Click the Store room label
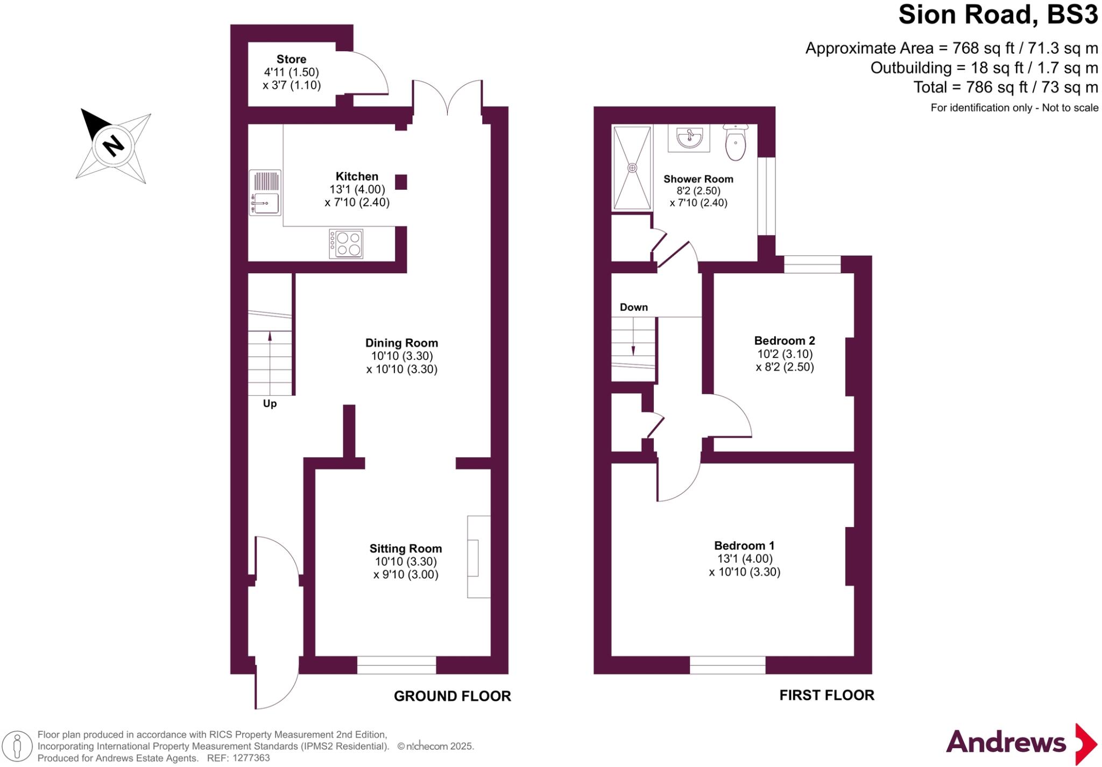pos(291,59)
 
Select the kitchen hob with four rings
pos(346,244)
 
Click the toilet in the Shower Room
pos(735,143)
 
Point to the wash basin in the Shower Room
pos(689,138)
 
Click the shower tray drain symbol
pos(632,168)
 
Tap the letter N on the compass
pos(113,145)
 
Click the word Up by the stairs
pos(270,403)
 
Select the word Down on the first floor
pos(633,307)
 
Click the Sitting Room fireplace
pos(478,557)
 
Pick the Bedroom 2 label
pos(784,340)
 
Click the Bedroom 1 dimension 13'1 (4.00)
pos(744,559)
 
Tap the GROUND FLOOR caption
pos(452,696)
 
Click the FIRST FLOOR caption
pos(826,695)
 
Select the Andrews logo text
pos(1005,743)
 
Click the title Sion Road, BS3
pos(998,15)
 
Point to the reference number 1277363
pos(251,758)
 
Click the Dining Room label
pos(401,343)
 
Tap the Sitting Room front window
pos(397,665)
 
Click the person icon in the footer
pos(17,746)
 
